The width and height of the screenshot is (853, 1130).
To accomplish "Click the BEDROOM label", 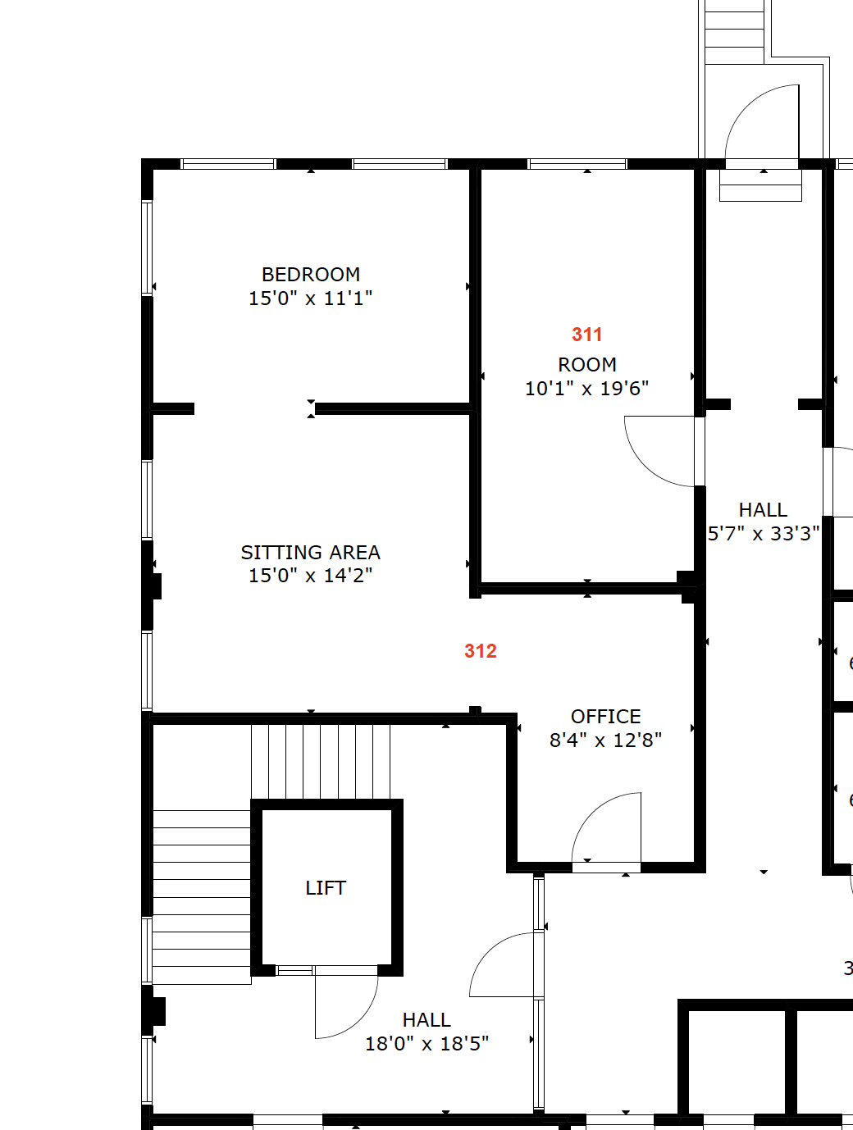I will point(311,275).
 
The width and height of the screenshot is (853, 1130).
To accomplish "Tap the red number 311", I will point(587,335).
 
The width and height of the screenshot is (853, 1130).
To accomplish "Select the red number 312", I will point(481,651).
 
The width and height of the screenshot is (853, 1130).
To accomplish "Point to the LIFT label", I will point(326,888).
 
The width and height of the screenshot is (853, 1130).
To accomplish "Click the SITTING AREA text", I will point(311,553).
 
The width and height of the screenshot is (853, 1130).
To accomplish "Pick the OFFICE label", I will point(606,717).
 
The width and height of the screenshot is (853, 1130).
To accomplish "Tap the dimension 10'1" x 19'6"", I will point(587,389).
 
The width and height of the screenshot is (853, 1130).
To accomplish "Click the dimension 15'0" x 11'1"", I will point(311,298).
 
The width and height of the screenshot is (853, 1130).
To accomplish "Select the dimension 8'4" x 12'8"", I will point(606,740).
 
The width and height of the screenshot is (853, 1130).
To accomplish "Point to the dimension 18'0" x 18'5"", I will point(427,1044).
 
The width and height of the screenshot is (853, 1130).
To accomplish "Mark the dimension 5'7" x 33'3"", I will point(764,534).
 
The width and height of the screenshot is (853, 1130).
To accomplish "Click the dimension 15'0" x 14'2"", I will point(311,576).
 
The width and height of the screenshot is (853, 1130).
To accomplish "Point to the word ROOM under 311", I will point(587,365).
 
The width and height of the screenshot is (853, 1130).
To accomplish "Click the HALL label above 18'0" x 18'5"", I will point(426,1020).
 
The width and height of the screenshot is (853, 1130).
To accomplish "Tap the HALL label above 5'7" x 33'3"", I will point(763,510).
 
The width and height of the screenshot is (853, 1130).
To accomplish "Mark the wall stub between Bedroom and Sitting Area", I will point(173,408).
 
